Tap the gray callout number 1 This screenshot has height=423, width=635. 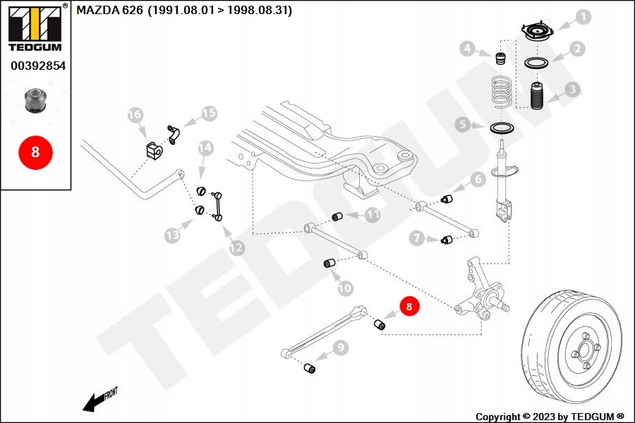point(583,17)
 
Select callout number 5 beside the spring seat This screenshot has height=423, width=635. point(463,125)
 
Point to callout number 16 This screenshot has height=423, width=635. point(135,114)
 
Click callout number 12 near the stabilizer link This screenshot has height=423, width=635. point(236,247)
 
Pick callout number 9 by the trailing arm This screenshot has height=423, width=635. point(341,347)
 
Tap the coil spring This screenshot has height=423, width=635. point(503,94)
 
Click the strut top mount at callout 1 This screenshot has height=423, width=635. point(538,33)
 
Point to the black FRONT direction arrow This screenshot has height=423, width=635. point(92,403)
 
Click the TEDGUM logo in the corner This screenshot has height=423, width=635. point(35,27)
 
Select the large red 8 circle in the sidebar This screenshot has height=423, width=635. point(35,151)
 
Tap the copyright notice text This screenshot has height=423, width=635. point(550,417)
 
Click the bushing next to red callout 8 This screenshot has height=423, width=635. point(380,324)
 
